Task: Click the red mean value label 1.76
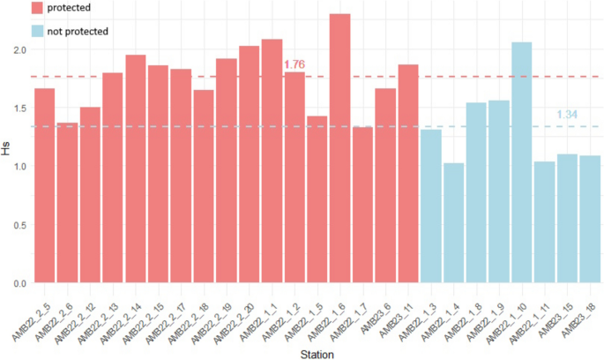(x=294, y=64)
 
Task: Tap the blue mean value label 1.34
(x=567, y=115)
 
